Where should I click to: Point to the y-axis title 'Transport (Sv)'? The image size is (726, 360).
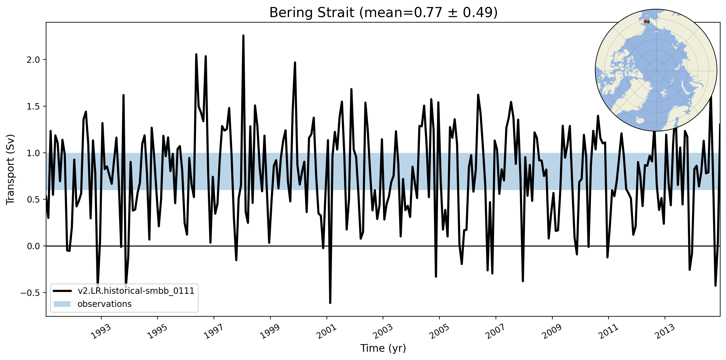[x=10, y=169]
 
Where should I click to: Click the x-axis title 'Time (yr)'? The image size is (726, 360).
[x=383, y=348]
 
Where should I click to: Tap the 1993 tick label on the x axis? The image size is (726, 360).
[x=101, y=332]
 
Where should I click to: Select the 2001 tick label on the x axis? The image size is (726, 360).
[x=327, y=332]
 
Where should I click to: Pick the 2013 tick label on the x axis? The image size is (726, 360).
[x=665, y=332]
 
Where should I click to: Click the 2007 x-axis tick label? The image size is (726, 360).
[x=496, y=332]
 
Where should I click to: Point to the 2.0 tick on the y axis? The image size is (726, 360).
[x=33, y=60]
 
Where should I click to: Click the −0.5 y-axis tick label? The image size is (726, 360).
[x=30, y=293]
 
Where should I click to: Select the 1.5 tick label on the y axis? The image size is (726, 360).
[x=33, y=106]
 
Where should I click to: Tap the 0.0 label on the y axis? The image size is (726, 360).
[x=33, y=246]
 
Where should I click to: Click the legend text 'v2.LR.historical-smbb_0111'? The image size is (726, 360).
[x=136, y=291]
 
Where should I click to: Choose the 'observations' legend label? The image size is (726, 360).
[x=104, y=304]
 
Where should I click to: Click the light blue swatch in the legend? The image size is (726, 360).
[x=62, y=304]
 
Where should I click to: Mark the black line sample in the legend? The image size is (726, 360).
[x=62, y=291]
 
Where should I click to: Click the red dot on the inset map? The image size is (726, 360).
[x=645, y=22]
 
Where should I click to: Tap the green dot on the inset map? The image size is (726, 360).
[x=648, y=22]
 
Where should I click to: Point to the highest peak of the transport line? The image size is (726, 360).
[x=243, y=36]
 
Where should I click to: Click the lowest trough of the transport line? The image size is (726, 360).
[x=330, y=303]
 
